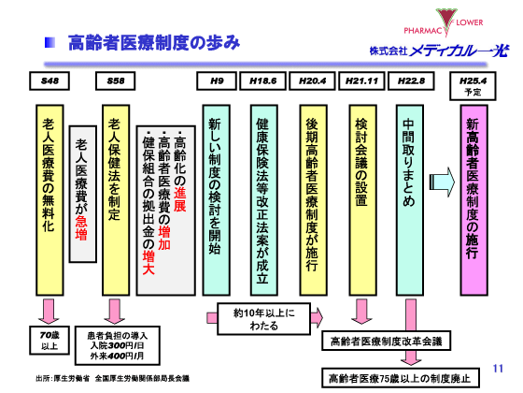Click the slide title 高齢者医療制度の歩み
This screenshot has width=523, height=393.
(x=160, y=43)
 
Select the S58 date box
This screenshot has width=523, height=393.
(x=116, y=81)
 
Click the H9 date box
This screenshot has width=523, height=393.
(x=216, y=81)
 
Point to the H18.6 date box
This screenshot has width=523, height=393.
(x=263, y=81)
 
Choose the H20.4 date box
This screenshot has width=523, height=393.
(x=312, y=81)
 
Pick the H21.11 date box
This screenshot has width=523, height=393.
(x=362, y=81)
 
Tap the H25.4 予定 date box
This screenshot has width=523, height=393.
(x=473, y=86)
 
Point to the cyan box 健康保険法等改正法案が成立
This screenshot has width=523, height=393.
(x=263, y=196)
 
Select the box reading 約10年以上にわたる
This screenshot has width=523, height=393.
(x=262, y=315)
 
